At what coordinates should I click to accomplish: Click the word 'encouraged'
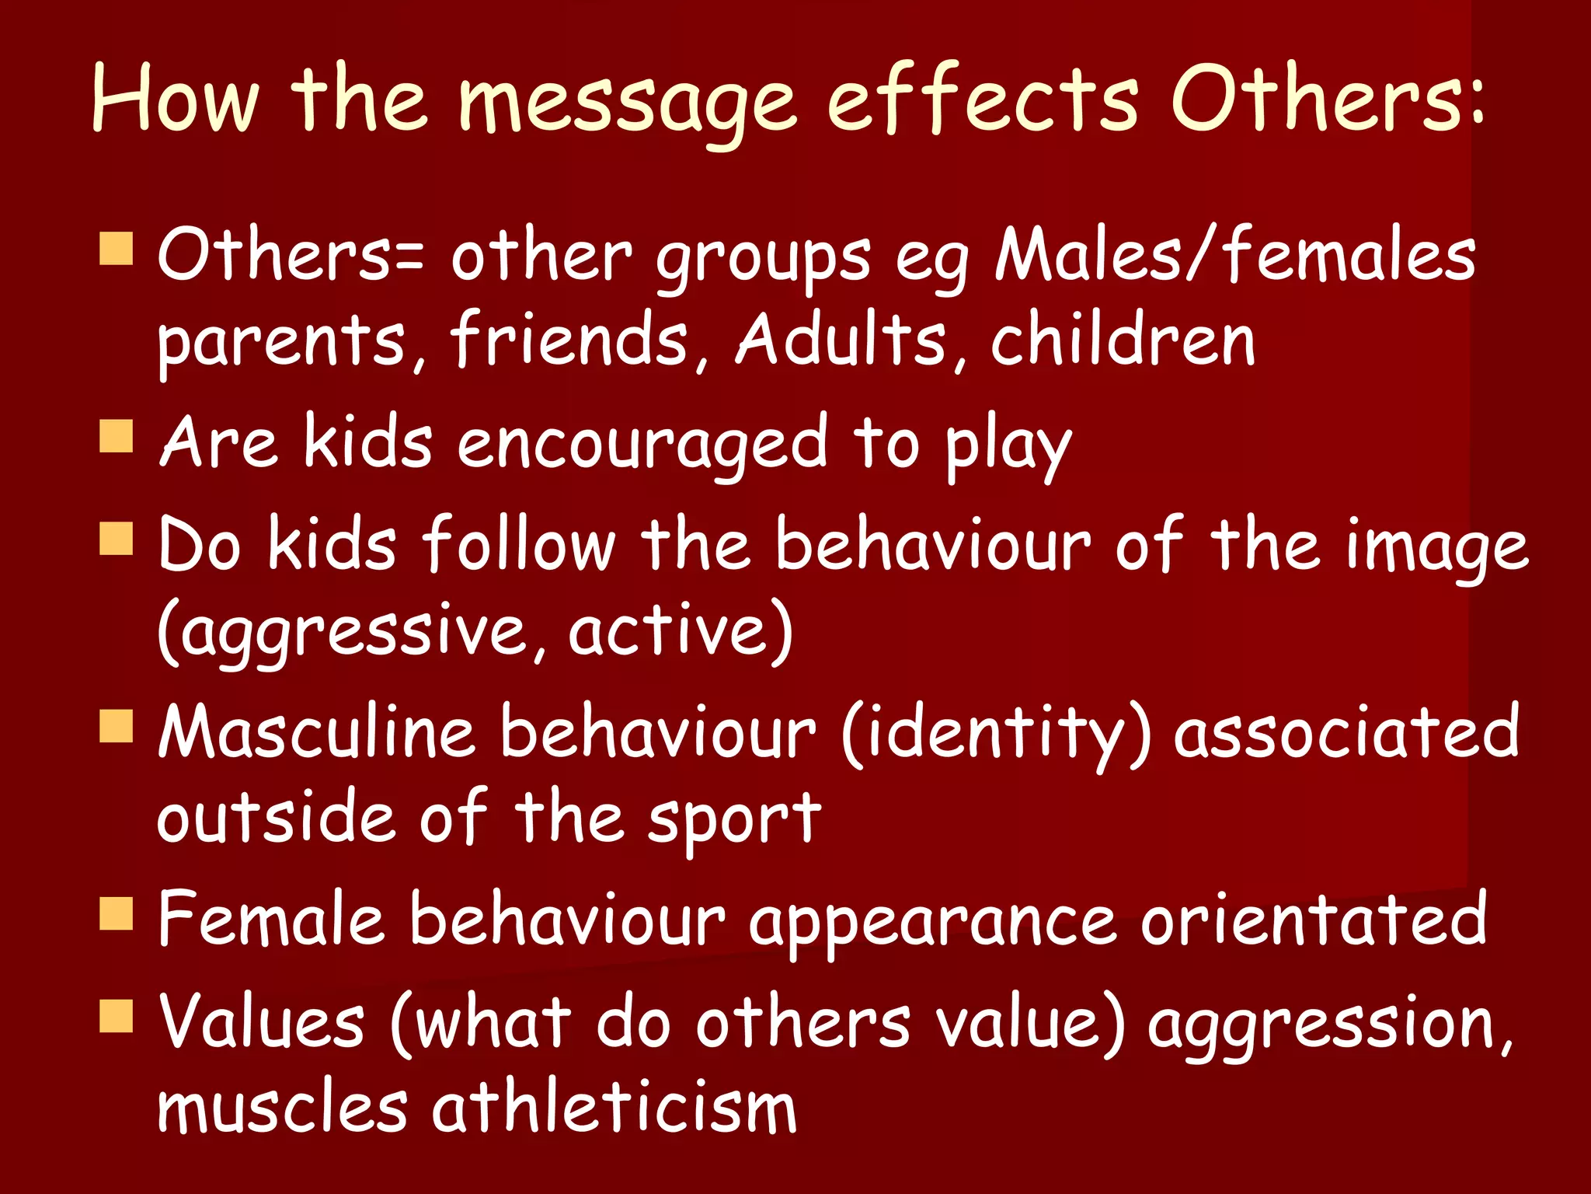[x=642, y=443]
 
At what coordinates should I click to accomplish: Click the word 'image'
[x=1437, y=548]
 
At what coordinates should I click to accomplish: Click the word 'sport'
[x=734, y=820]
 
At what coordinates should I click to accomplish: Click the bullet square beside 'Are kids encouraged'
[x=117, y=436]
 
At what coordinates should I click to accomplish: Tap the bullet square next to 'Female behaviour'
[x=117, y=913]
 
